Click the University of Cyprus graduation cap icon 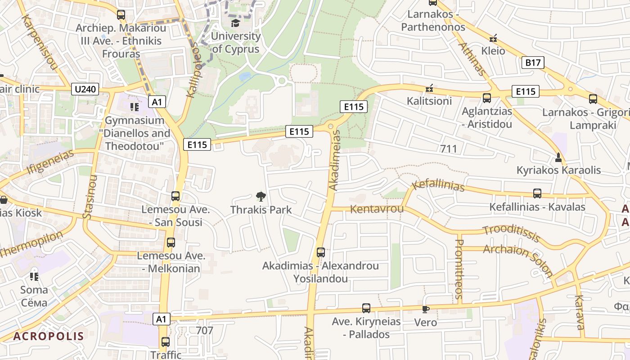click(x=235, y=22)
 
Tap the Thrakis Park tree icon click(x=261, y=196)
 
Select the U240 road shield click(x=85, y=89)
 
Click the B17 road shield click(x=533, y=62)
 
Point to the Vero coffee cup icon click(x=425, y=309)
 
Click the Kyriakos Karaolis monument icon click(x=558, y=157)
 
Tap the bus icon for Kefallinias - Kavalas click(x=537, y=193)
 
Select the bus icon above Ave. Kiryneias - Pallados click(x=366, y=308)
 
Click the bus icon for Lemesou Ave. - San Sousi click(x=175, y=196)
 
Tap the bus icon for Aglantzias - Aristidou click(x=486, y=98)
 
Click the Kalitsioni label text click(x=429, y=101)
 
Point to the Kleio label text click(x=493, y=51)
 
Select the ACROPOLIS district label click(x=49, y=336)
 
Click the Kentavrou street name click(x=377, y=209)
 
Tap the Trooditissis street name click(x=511, y=233)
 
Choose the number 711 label click(x=449, y=149)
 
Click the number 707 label click(x=205, y=330)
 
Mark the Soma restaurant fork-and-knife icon click(x=34, y=276)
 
